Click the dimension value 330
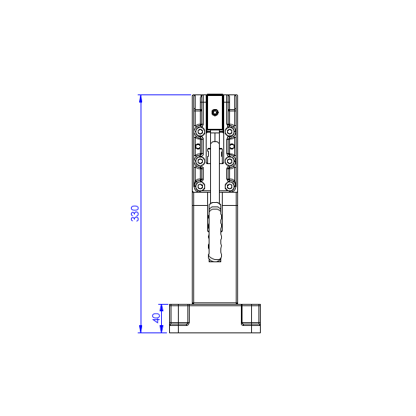[x=135, y=213]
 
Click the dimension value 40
[x=156, y=318]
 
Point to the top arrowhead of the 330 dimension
[x=141, y=98]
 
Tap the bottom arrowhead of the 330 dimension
[x=141, y=329]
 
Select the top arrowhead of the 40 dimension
[x=162, y=308]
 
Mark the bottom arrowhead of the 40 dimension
[x=162, y=329]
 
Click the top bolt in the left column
[x=200, y=132]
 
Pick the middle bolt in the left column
[x=200, y=161]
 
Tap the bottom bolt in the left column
[x=200, y=186]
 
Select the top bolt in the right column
[x=230, y=132]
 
